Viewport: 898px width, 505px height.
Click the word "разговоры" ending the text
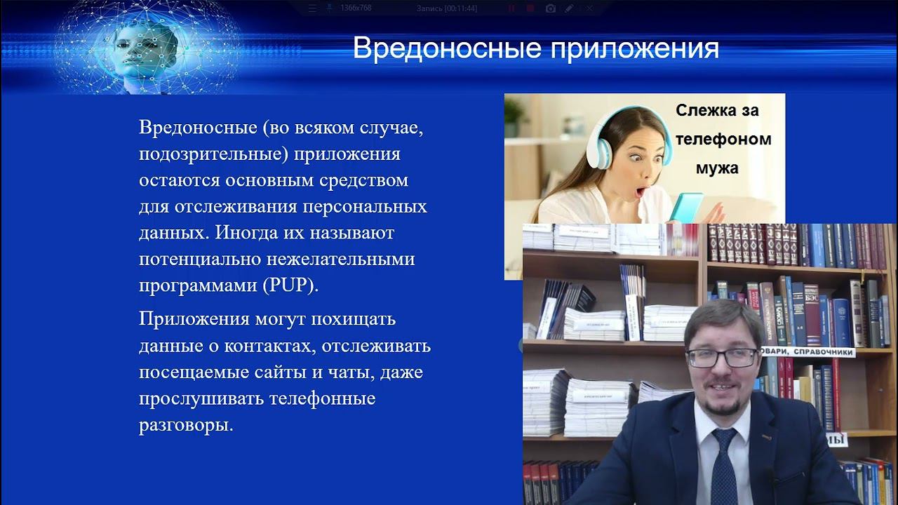point(185,425)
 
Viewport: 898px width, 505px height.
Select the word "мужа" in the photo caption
point(717,168)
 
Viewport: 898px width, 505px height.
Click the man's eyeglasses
point(721,357)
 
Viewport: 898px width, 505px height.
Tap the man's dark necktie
point(725,463)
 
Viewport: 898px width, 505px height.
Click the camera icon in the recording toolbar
point(550,8)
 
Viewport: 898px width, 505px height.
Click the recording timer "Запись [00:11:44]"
point(446,8)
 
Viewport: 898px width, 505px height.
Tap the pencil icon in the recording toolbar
point(569,8)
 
